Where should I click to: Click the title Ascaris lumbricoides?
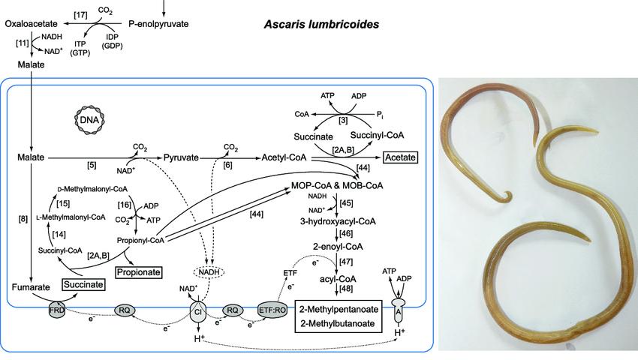(321, 25)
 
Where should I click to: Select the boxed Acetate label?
(400, 157)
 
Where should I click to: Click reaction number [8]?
(23, 220)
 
